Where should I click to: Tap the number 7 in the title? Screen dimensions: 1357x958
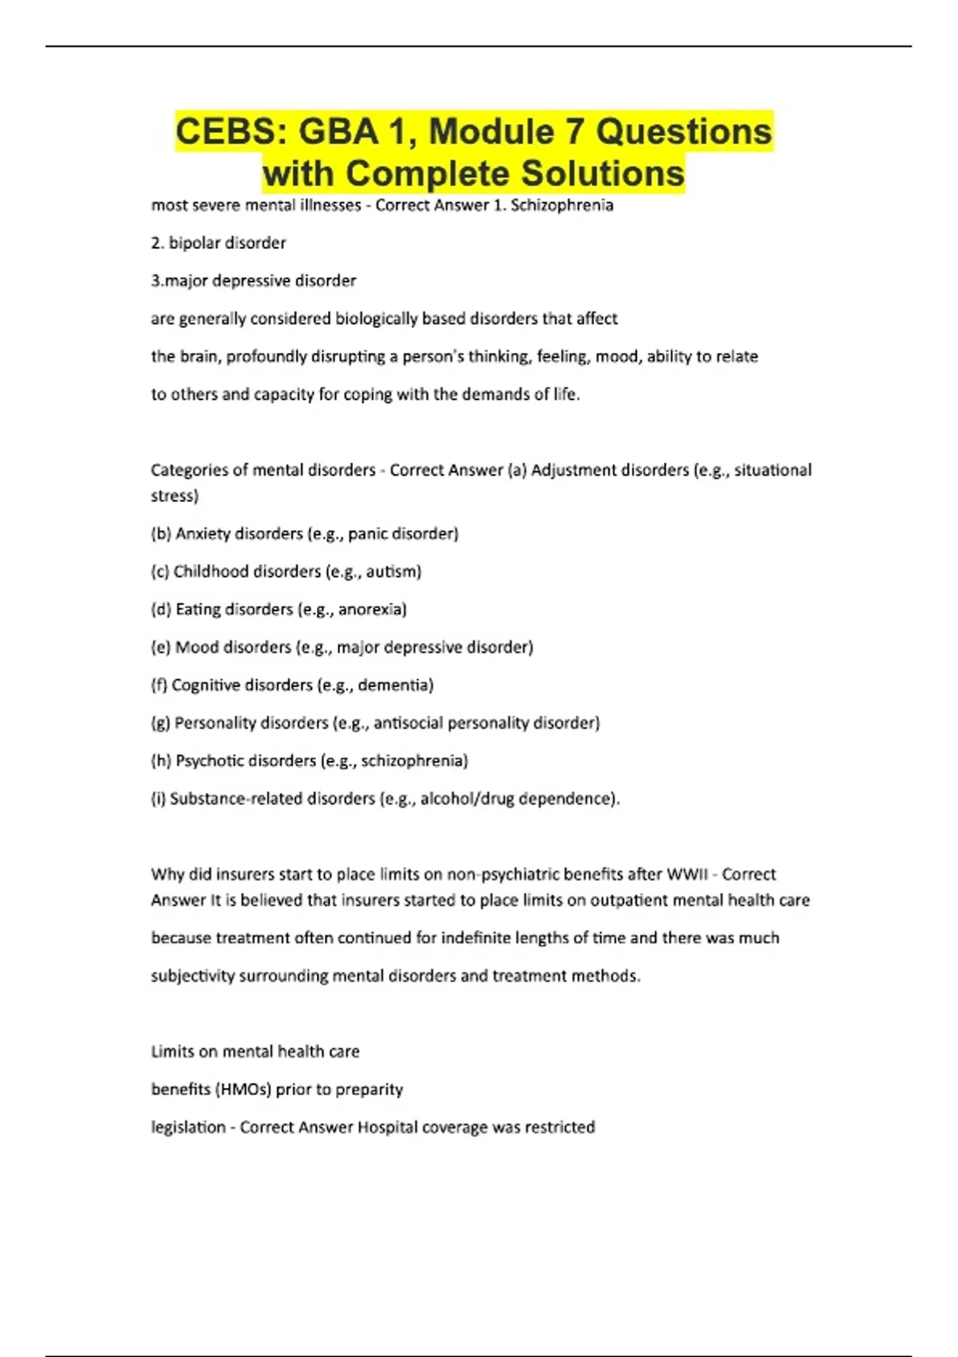tap(576, 132)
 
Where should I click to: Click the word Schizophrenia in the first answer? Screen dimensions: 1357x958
tap(562, 205)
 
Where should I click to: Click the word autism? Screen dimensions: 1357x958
tap(393, 572)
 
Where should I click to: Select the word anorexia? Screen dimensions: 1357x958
tap(372, 609)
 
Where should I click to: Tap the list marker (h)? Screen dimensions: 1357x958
tap(160, 761)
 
